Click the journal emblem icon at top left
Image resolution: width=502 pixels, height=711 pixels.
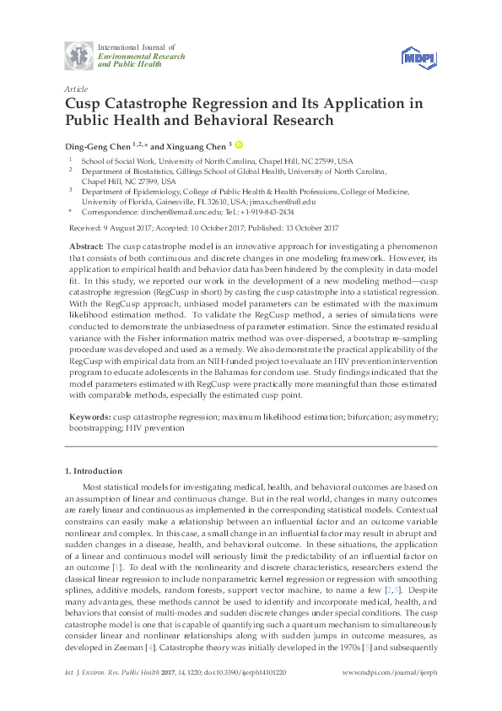click(x=80, y=57)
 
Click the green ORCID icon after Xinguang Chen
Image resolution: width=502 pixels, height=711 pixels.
click(x=239, y=144)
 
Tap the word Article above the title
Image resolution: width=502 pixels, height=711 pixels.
click(x=76, y=88)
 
